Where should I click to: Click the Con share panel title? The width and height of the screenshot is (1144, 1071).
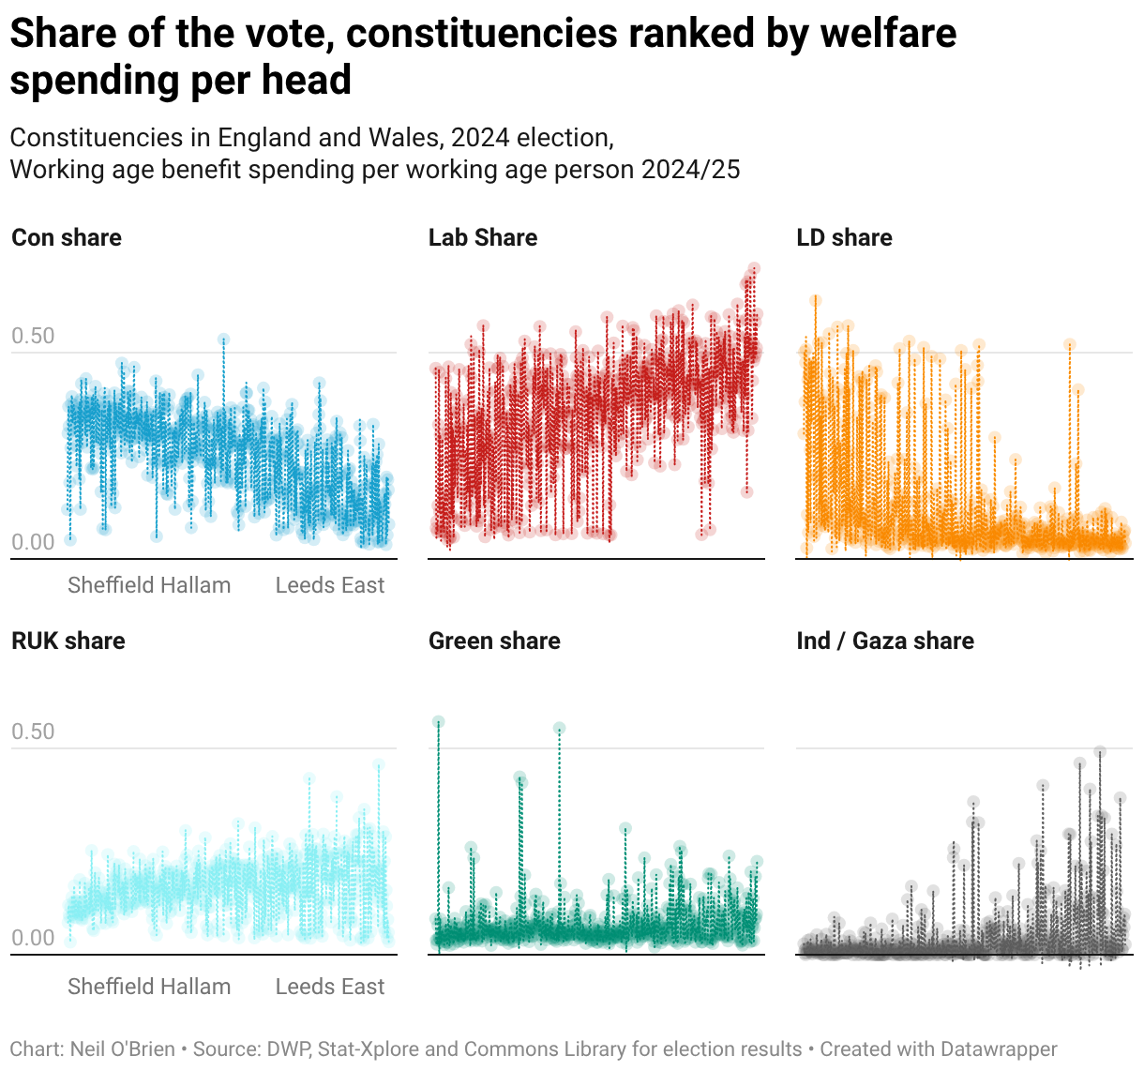coord(67,237)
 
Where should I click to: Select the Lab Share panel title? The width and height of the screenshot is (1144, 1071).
coord(483,237)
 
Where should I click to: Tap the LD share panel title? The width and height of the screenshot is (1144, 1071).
coord(844,237)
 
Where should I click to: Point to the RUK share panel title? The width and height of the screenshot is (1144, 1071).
coord(68,641)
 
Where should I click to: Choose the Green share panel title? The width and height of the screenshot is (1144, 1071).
coord(494,641)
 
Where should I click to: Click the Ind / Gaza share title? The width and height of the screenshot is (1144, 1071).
coord(885,641)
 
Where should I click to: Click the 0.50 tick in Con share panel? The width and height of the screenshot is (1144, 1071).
coord(33,336)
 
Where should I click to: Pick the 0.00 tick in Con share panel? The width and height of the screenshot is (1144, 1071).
coord(33,542)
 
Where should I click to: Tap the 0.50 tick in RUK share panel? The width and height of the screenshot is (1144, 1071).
coord(33,732)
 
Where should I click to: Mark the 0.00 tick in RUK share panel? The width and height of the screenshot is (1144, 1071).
coord(33,938)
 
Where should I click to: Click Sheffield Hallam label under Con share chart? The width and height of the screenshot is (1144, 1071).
coord(149,585)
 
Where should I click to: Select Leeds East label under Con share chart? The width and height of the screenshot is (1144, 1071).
coord(330,585)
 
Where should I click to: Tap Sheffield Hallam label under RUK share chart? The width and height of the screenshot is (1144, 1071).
coord(149,987)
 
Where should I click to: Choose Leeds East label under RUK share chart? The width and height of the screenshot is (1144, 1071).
coord(330,987)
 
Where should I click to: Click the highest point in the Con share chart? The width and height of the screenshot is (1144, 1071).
coord(223,339)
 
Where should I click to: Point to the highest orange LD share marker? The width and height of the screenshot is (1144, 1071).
coord(816,300)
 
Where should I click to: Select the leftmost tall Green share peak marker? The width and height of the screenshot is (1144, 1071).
coord(438,722)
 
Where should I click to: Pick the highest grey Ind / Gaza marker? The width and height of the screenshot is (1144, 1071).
coord(1100,752)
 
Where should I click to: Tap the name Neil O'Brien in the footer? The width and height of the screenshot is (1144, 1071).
coord(123,1049)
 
